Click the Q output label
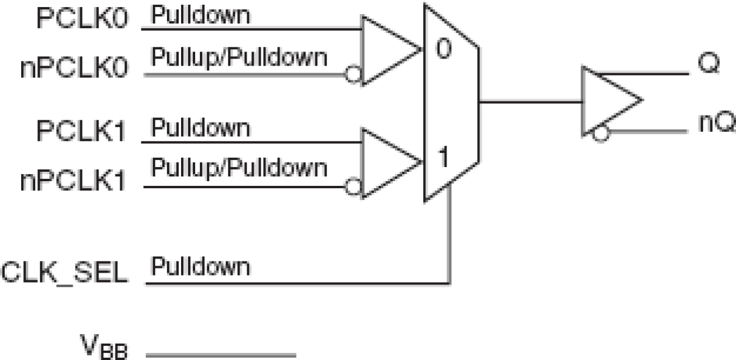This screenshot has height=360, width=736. [x=708, y=64]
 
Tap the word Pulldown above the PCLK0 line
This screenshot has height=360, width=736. [x=201, y=16]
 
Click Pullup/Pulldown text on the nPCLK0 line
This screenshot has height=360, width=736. [x=239, y=58]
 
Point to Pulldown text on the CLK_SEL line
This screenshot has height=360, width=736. [x=201, y=268]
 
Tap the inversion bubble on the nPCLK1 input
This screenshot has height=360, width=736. [x=353, y=188]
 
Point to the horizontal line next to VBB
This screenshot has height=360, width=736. [x=220, y=354]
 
